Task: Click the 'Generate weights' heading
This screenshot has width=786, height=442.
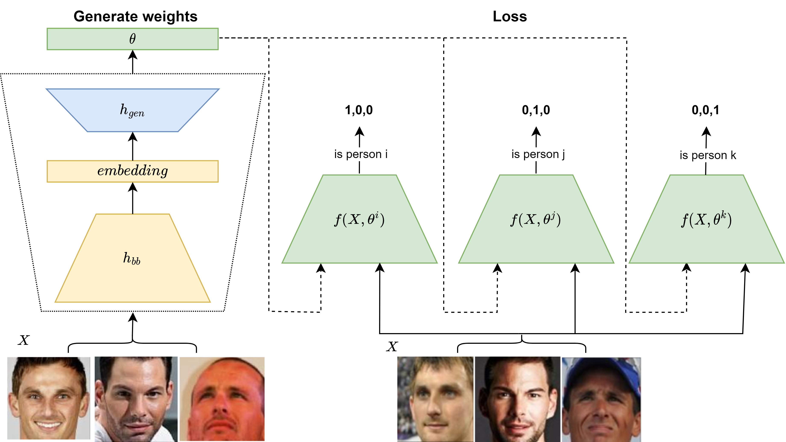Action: (x=135, y=16)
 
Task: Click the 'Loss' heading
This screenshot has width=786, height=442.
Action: (x=510, y=16)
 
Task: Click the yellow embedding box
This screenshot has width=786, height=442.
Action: (x=132, y=171)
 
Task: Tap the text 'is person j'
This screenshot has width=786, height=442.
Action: (x=538, y=154)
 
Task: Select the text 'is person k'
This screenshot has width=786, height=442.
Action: (x=708, y=155)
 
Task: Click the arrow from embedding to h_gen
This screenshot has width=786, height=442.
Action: (x=132, y=146)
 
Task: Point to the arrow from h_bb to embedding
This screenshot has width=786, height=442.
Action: (x=132, y=198)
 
